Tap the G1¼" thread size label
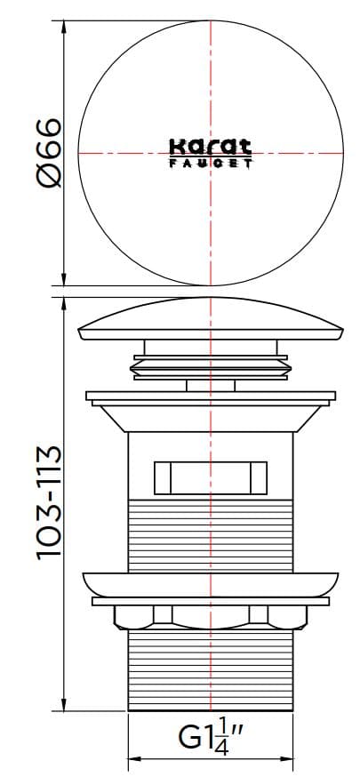[x=212, y=737]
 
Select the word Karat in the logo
[x=210, y=147]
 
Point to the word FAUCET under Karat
[x=210, y=163]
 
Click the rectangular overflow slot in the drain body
[x=211, y=477]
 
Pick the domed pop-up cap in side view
[x=211, y=321]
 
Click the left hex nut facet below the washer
[x=162, y=614]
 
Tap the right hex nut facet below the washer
[x=260, y=614]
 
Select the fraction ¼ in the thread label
[x=222, y=737]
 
